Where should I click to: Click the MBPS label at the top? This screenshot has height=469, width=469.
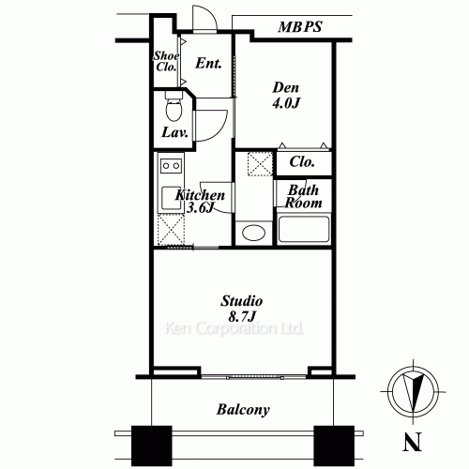pos(300,27)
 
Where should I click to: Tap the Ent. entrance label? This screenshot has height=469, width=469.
pos(208,64)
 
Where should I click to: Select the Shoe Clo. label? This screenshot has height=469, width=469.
pos(166,62)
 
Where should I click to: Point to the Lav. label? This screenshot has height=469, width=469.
pos(175,132)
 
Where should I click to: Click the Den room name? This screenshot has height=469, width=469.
pos(285,88)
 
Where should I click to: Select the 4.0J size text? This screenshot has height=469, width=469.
pos(286,105)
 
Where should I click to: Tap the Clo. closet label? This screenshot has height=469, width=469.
pos(301,161)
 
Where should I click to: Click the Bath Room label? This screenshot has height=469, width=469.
pos(304,196)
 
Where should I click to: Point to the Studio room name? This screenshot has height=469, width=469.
pos(242,301)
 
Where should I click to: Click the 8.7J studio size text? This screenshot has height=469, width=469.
pos(242,318)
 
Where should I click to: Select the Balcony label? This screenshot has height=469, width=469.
pos(243,409)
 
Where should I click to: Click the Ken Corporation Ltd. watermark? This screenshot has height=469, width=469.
pos(234,330)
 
